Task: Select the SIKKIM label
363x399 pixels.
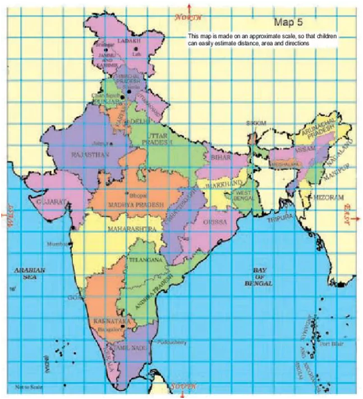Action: click(x=256, y=123)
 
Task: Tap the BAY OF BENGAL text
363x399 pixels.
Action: click(x=259, y=277)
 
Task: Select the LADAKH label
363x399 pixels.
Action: click(x=132, y=41)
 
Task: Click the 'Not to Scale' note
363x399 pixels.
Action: click(x=27, y=387)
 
